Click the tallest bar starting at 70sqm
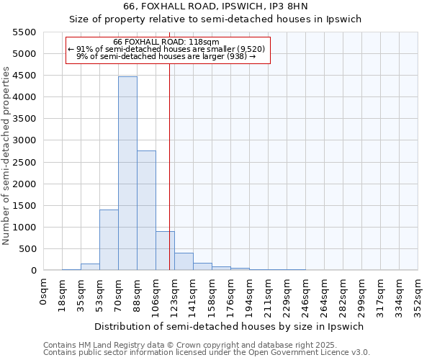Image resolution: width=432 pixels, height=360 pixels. point(127,173)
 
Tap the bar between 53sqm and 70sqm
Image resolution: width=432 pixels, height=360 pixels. point(109,240)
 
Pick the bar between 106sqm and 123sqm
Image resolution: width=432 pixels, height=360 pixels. point(165,251)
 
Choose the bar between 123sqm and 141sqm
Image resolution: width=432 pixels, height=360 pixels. point(184,261)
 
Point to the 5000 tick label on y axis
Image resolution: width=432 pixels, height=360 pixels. point(25,54)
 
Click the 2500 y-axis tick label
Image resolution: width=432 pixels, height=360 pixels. point(25,162)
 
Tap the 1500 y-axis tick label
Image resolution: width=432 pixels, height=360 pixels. point(25,205)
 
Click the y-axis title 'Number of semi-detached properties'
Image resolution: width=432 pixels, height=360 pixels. point(7,156)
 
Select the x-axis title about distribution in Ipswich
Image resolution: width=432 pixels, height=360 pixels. point(230,326)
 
